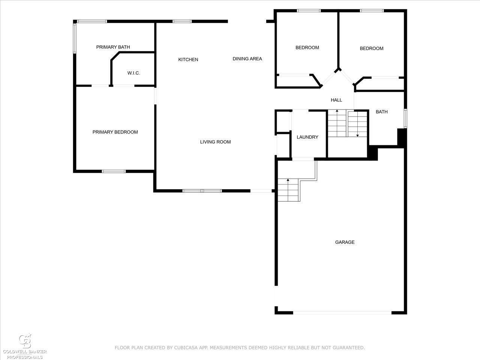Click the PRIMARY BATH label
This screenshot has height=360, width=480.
(113, 47)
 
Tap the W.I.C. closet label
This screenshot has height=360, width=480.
(133, 73)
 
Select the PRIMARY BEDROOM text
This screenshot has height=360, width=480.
(115, 132)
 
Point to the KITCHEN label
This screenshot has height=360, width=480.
(188, 60)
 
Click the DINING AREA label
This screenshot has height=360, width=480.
(247, 58)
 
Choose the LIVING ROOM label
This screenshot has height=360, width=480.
(215, 142)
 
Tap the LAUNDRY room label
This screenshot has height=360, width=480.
(307, 137)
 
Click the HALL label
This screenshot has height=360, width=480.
(336, 100)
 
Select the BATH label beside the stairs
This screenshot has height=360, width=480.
(382, 112)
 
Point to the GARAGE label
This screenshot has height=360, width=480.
(345, 242)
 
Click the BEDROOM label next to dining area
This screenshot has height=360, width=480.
(307, 47)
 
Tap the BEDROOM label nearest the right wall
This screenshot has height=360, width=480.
(372, 48)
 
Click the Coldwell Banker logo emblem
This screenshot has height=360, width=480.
(25, 341)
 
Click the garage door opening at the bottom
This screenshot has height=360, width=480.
(342, 313)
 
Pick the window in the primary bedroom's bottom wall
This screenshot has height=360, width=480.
(114, 171)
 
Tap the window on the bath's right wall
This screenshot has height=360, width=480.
(405, 118)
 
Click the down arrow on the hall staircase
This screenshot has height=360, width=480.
(357, 124)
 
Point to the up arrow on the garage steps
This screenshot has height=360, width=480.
(288, 190)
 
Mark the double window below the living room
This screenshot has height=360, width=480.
(202, 191)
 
